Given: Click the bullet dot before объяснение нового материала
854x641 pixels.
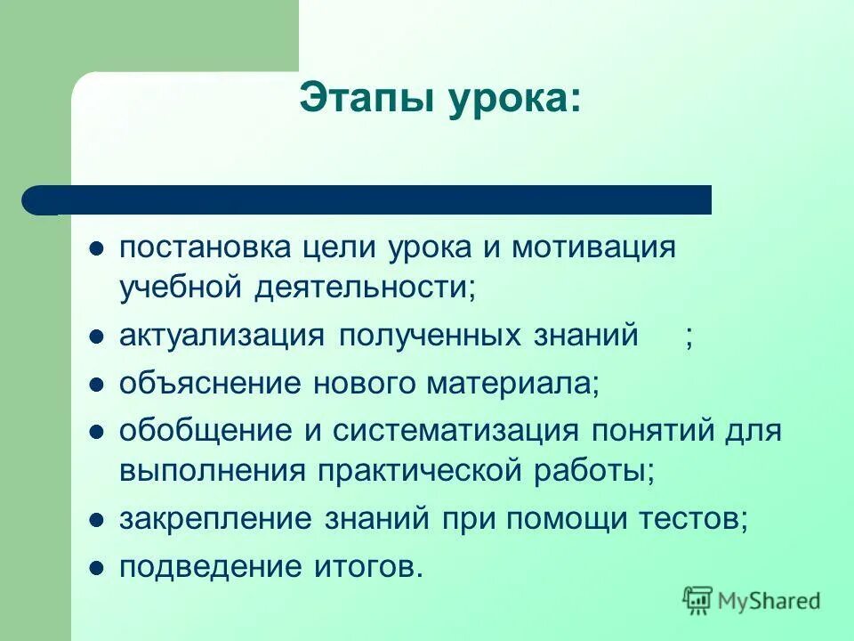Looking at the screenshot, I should tap(98, 385).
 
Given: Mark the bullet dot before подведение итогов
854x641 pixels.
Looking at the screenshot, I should tap(98, 568).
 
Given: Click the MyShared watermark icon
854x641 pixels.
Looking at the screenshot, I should tap(698, 600).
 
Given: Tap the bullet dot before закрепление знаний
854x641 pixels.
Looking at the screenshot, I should tap(98, 520).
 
